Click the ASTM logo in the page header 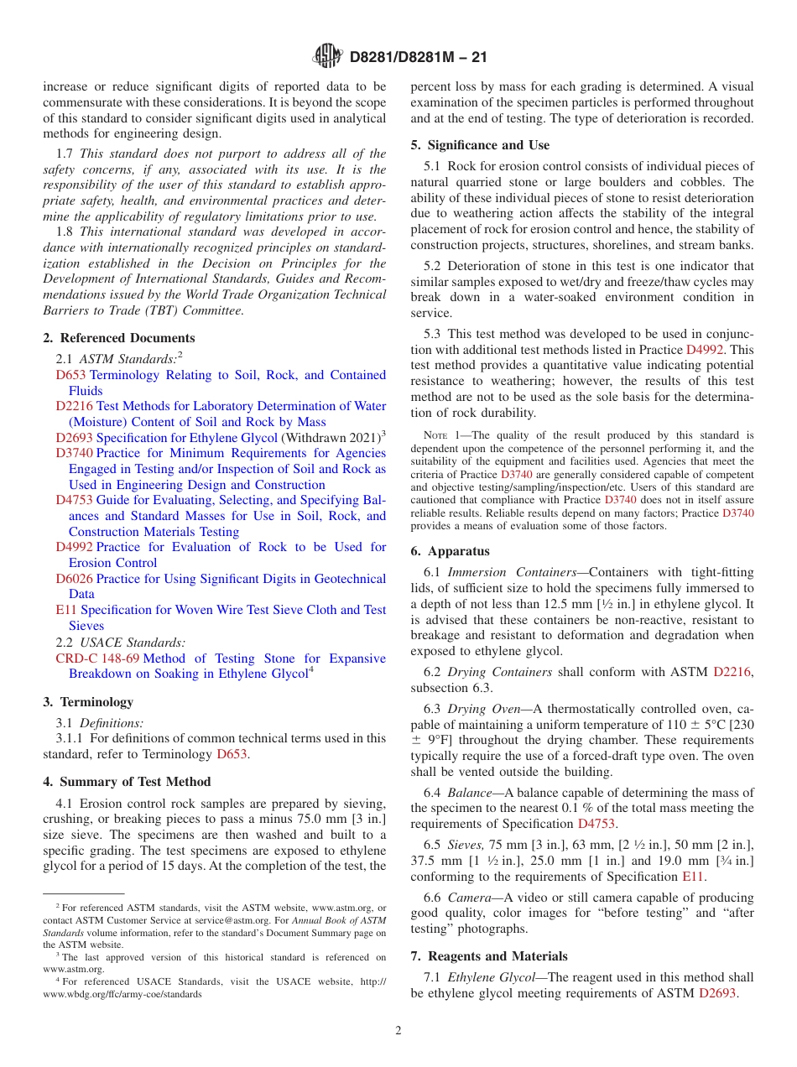click(327, 57)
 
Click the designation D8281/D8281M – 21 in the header click(418, 58)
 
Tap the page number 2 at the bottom click(398, 1031)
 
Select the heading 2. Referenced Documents click(118, 338)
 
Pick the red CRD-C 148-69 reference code click(97, 658)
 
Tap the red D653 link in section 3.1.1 click(232, 754)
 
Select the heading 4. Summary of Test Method click(127, 782)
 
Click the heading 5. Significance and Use click(480, 145)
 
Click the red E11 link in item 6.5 click(692, 877)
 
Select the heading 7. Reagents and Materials click(489, 956)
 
